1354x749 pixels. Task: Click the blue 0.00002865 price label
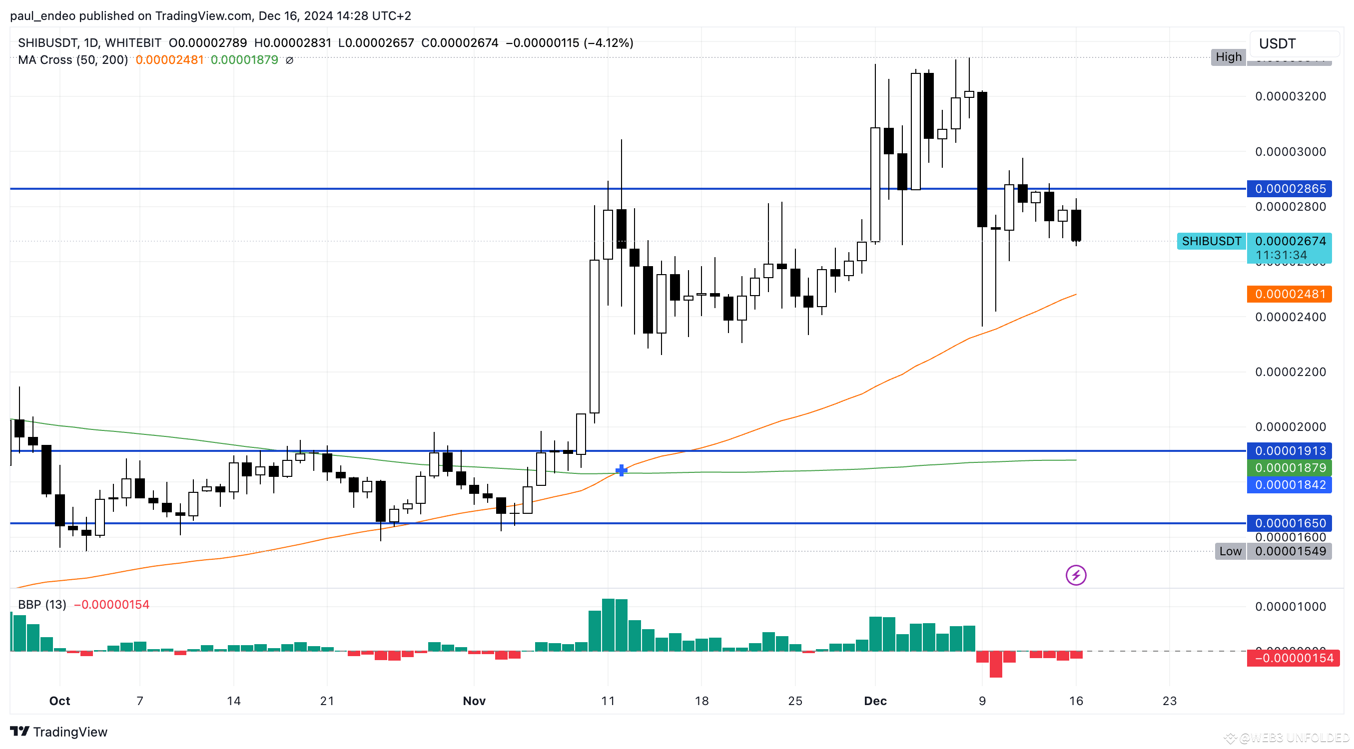point(1290,189)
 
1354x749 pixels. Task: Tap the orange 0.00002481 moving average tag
point(1290,294)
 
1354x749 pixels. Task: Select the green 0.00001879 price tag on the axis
point(1290,468)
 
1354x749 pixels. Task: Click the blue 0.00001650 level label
point(1290,523)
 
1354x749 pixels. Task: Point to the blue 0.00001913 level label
point(1290,451)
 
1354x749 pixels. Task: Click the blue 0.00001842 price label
point(1290,485)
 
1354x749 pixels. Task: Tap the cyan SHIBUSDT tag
point(1211,241)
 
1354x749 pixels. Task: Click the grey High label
point(1229,57)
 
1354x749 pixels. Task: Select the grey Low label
point(1231,551)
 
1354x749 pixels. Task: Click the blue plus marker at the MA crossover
point(621,470)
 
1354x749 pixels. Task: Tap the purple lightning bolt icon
point(1076,575)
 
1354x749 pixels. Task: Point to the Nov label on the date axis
point(474,701)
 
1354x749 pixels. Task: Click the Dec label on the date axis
point(875,701)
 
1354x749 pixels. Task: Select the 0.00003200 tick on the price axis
point(1291,96)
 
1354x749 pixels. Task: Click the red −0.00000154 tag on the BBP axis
point(1290,658)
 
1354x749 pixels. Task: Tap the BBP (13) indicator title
point(42,605)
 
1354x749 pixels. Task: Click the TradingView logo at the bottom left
point(59,732)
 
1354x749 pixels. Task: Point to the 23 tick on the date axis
point(1170,701)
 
